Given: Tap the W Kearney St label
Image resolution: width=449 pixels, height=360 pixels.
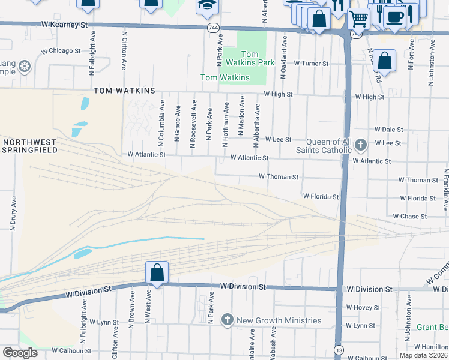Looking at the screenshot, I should [x=65, y=25].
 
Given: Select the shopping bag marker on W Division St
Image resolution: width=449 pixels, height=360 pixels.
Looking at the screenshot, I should [x=157, y=272].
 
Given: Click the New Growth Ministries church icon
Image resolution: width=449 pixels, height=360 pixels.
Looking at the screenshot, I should [x=228, y=320].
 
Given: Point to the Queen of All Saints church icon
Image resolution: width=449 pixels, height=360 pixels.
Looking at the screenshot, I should [x=360, y=145].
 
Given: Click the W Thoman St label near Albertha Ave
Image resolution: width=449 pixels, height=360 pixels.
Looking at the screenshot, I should [x=279, y=177].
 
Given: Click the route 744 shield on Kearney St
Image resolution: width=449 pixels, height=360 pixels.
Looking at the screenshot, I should [x=213, y=28].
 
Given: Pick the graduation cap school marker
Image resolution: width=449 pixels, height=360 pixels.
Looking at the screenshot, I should [x=208, y=5].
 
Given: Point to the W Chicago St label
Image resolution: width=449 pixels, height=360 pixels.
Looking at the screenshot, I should [x=61, y=51].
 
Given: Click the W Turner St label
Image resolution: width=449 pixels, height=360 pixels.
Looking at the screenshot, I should [x=311, y=63].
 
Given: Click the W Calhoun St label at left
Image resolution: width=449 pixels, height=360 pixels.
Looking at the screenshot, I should [x=71, y=350].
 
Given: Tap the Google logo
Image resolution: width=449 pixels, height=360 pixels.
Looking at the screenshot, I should [x=20, y=353].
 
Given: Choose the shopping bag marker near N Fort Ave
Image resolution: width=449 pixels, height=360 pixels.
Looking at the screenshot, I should [x=385, y=61].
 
